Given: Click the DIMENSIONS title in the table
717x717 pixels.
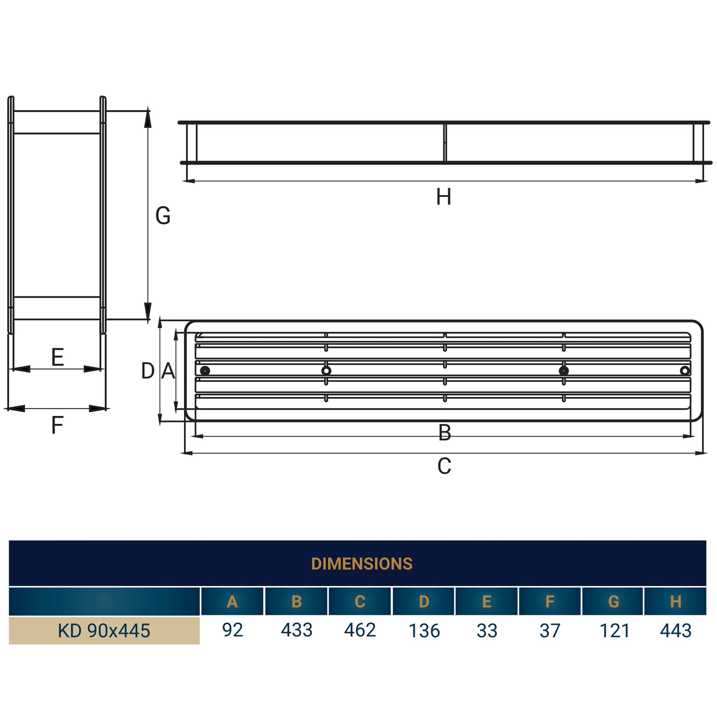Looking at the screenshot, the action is [361, 564].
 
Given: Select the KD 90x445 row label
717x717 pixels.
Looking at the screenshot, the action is [104, 630].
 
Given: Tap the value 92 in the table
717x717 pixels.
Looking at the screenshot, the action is [233, 630].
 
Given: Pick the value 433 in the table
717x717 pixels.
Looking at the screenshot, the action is [297, 630].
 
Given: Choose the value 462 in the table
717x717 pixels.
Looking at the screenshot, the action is [360, 630].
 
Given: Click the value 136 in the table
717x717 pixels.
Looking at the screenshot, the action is [424, 630].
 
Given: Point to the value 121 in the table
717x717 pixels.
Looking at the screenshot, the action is [615, 630].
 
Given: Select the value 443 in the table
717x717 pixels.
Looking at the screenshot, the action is [675, 630].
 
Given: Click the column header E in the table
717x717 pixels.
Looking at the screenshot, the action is [487, 602].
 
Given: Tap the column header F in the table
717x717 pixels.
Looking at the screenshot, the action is [550, 602].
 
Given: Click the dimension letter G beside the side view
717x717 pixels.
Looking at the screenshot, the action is [163, 216].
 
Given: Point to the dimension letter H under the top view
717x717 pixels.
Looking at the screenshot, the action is [444, 197].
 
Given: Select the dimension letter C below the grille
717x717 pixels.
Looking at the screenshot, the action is [444, 466].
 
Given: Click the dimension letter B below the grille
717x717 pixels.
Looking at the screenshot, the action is [445, 433].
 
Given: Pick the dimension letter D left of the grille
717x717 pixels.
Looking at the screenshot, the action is [148, 371].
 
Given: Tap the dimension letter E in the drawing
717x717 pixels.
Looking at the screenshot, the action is [57, 357].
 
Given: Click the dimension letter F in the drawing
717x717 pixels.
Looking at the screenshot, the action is [57, 425].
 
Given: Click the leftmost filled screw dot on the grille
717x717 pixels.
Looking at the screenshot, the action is [205, 370].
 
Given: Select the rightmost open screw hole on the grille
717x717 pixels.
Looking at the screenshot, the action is [685, 370].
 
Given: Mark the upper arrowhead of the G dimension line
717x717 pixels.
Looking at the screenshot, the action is [148, 118].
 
